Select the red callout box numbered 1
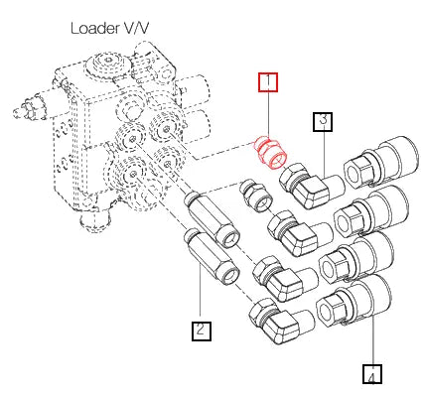(269, 83)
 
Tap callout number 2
(201, 330)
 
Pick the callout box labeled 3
(324, 122)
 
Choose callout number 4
(371, 375)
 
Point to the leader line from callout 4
(372, 342)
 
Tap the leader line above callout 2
(201, 298)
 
